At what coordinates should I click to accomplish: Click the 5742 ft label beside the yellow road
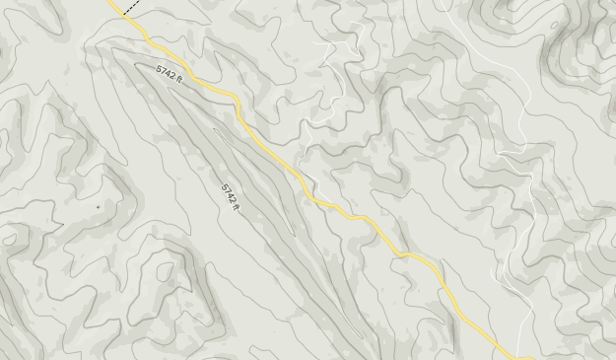click(x=170, y=74)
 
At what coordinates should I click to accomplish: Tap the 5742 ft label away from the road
click(x=230, y=195)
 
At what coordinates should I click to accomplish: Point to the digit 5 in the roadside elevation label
click(x=160, y=68)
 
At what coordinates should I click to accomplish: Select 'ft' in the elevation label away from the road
click(x=237, y=206)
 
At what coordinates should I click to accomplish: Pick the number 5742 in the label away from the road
click(x=228, y=192)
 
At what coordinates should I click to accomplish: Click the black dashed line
click(x=130, y=7)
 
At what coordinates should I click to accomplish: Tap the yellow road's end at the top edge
click(x=109, y=1)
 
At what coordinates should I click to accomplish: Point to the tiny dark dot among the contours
click(x=98, y=207)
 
